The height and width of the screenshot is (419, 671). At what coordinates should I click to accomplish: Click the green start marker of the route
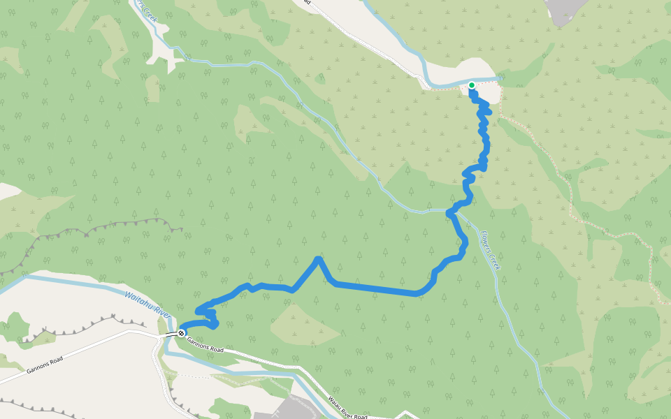(472, 85)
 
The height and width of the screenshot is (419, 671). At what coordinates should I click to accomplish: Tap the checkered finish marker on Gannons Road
(181, 333)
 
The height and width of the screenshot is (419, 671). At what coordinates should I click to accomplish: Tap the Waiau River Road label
(347, 408)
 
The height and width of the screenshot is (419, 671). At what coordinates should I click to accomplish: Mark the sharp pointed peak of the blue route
(319, 259)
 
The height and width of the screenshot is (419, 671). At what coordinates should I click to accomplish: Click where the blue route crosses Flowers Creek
(451, 210)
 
